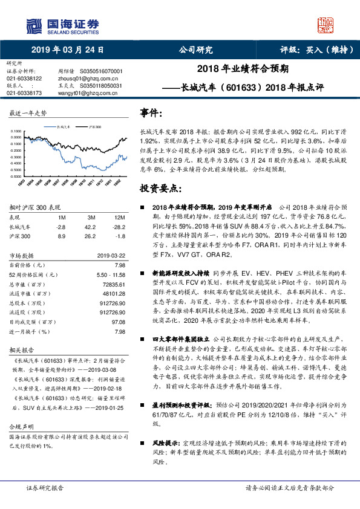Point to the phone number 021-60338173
[x=24, y=93]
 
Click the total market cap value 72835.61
[x=113, y=284]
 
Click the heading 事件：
[x=151, y=113]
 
